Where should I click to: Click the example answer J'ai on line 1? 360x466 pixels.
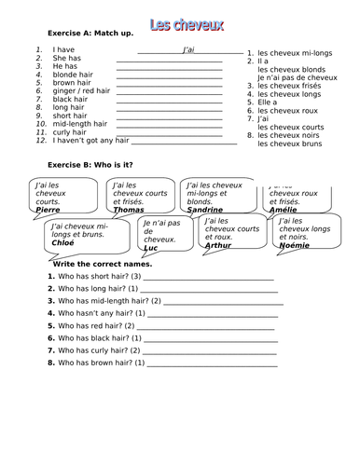183,48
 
